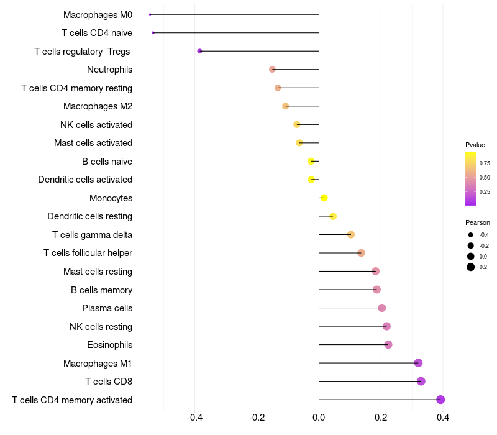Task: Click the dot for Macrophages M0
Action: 150,14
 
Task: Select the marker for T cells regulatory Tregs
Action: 199,51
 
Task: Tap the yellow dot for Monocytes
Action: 324,198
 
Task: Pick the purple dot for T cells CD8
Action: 421,382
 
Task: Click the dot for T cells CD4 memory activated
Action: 440,400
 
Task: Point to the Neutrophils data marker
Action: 272,70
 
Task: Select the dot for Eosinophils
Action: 388,345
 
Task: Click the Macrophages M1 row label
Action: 98,363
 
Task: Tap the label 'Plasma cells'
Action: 107,308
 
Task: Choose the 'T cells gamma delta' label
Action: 92,235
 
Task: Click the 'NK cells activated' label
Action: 96,125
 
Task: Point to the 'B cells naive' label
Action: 107,162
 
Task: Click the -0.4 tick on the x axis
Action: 194,417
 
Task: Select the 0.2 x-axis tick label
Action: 381,417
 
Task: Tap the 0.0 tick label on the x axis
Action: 319,417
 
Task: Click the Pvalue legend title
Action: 475,145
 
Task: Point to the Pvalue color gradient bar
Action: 471,178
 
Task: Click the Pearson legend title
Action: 477,222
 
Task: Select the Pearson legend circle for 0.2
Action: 471,267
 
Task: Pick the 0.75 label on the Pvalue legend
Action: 485,163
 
